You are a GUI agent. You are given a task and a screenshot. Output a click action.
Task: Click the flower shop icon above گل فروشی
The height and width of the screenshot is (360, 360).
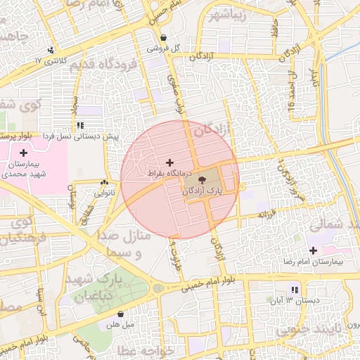point(164,38)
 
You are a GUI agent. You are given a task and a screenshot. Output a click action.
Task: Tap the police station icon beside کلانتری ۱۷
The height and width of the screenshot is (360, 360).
point(51,50)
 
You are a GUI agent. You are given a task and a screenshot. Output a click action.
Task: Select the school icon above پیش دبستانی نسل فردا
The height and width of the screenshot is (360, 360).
point(90,125)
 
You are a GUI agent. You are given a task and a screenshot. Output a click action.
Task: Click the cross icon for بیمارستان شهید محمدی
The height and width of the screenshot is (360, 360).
point(24,153)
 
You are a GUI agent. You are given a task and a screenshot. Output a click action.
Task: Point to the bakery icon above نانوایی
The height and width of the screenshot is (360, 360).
point(104,182)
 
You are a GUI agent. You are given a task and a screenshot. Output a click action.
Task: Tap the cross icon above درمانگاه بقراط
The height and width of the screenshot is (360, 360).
point(169,162)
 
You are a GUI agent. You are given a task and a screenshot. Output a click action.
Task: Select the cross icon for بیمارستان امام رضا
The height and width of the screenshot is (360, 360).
point(313,250)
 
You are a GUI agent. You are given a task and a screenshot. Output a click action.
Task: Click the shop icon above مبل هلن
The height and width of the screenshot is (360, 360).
point(121,314)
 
